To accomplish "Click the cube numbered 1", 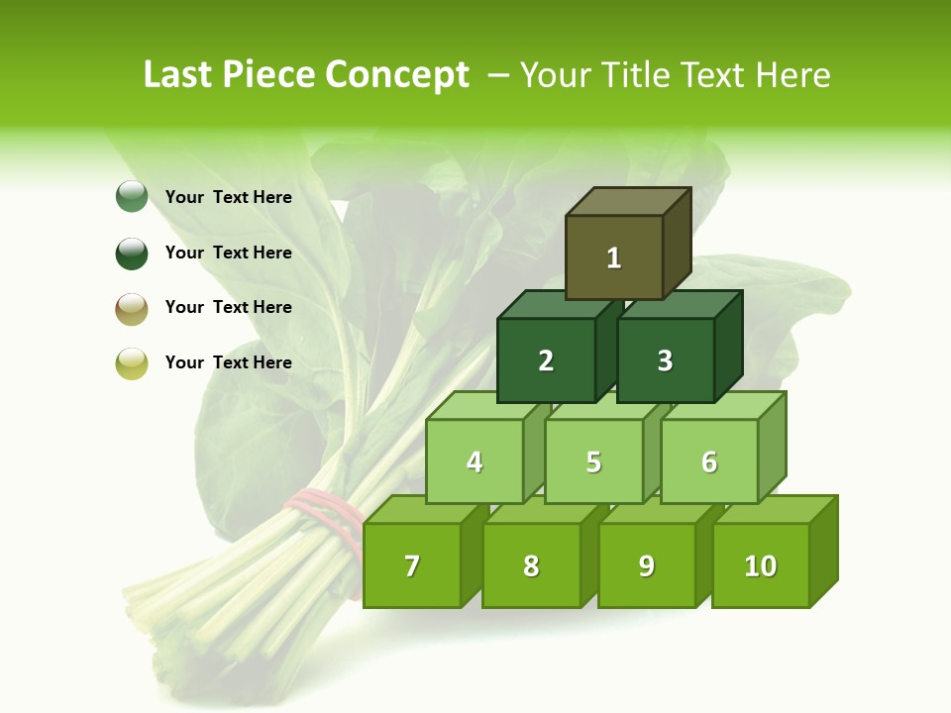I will (614, 257).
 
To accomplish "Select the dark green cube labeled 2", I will (546, 360).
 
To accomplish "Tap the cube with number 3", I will (665, 360).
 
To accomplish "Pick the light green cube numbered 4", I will (475, 461).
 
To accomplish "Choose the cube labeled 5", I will (593, 461).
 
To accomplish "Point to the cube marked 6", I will (709, 461).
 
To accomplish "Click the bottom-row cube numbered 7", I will (412, 565).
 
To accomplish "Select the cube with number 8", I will (531, 565).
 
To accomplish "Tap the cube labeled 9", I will (646, 565).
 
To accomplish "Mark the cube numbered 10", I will (760, 565).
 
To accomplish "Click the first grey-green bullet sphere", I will (132, 197).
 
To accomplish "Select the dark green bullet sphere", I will (132, 253).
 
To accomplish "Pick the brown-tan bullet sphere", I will (132, 308).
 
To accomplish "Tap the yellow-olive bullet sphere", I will (132, 363).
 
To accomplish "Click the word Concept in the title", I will (396, 75).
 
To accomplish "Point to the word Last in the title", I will (180, 75).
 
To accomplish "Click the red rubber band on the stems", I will (322, 511).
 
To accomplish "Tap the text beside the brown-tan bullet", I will (228, 307).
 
